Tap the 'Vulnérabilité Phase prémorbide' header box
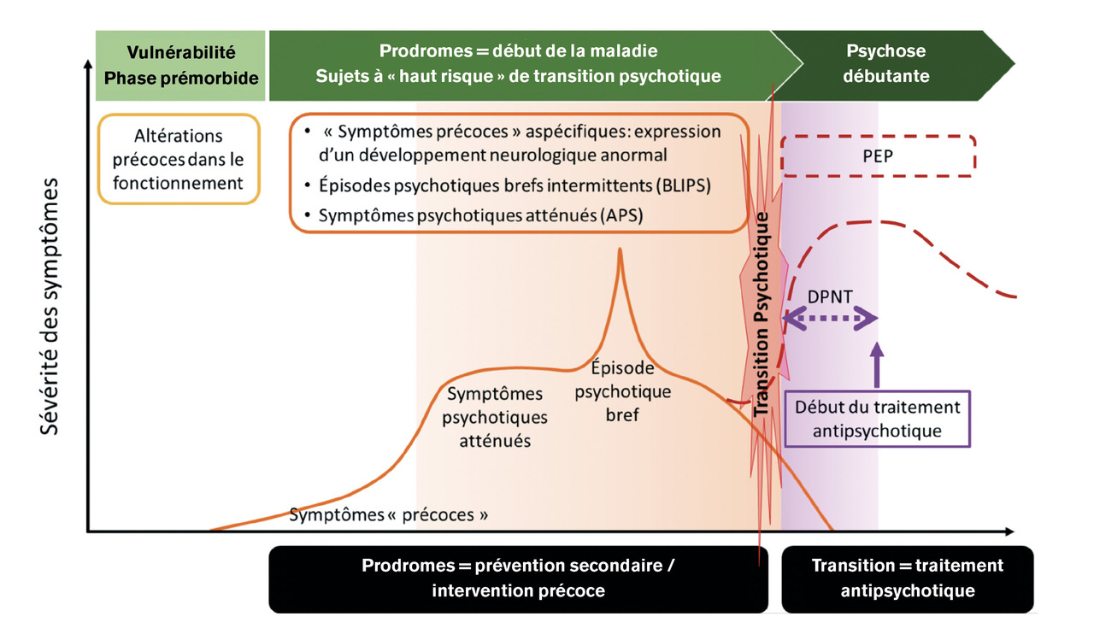[x=179, y=64]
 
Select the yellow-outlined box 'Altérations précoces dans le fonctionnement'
[x=179, y=159]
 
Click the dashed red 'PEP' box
[x=879, y=156]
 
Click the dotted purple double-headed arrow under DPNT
[x=830, y=320]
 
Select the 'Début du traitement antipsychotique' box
[x=879, y=419]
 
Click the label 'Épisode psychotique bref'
[x=623, y=391]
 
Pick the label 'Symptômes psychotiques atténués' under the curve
[x=497, y=417]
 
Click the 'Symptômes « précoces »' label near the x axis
[x=389, y=515]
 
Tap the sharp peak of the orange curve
[x=620, y=250]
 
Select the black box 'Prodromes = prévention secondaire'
[x=518, y=578]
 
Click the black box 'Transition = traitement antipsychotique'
[x=907, y=578]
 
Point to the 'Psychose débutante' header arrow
[x=889, y=64]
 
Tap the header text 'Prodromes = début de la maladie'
[x=518, y=51]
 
